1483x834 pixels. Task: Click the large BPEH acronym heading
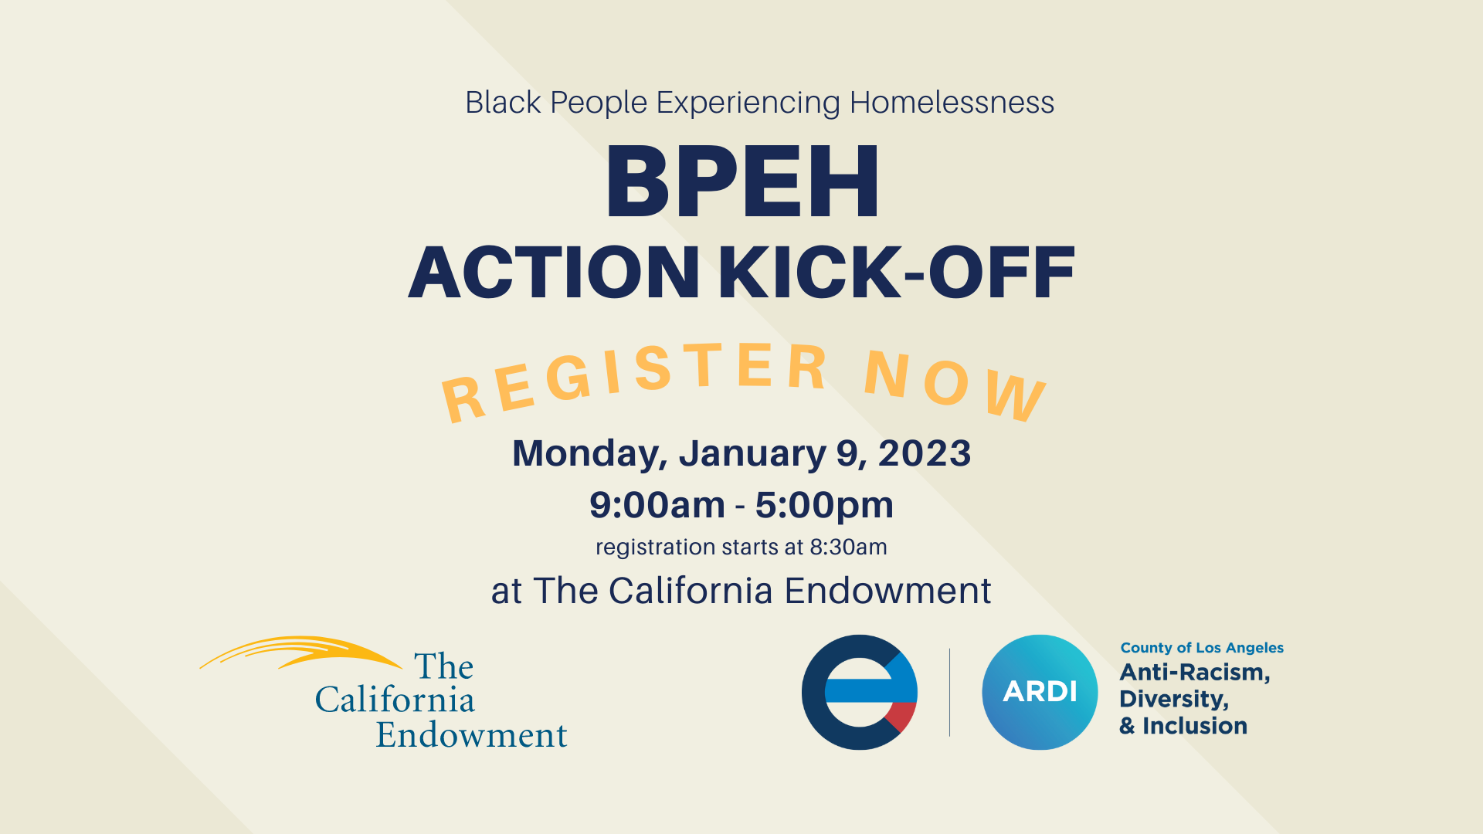(741, 183)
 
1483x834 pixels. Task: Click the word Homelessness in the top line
(952, 103)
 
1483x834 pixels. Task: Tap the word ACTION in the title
(553, 273)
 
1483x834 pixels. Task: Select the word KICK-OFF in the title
(896, 273)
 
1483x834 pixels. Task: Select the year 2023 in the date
(925, 454)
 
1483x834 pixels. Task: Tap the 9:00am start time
(657, 506)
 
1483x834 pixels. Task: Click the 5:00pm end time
(824, 506)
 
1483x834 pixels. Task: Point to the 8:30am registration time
(848, 548)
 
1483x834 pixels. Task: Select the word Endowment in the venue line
(887, 592)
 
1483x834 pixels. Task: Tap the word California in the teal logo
(395, 700)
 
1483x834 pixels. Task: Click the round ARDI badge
(1040, 692)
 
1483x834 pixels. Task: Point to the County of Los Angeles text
(1202, 648)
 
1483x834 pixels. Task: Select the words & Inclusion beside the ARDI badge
(1183, 727)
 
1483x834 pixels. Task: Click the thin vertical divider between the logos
(949, 692)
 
